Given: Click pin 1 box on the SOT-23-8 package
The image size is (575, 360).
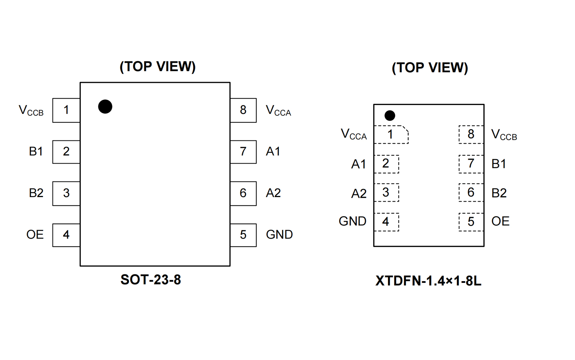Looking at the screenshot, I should pyautogui.click(x=66, y=110).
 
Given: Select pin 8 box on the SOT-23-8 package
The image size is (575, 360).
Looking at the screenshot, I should pyautogui.click(x=243, y=110).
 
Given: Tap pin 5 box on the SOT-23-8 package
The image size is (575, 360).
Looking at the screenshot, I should pyautogui.click(x=243, y=235).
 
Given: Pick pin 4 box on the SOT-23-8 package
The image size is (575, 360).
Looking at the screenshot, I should pyautogui.click(x=66, y=235).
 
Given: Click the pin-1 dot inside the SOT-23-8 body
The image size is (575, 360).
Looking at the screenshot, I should pyautogui.click(x=105, y=107).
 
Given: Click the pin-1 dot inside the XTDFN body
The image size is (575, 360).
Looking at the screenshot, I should pyautogui.click(x=390, y=115).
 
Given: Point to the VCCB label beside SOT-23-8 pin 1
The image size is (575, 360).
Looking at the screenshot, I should pyautogui.click(x=31, y=111).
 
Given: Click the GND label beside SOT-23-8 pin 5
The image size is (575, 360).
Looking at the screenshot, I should pyautogui.click(x=279, y=235).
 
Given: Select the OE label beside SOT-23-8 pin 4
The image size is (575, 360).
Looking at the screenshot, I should pyautogui.click(x=35, y=235).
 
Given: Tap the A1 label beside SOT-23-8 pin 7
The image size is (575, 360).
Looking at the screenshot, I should pyautogui.click(x=273, y=152).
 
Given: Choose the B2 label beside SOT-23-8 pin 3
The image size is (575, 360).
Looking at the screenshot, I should pyautogui.click(x=36, y=193).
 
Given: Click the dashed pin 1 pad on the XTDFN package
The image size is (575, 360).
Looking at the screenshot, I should pyautogui.click(x=391, y=134).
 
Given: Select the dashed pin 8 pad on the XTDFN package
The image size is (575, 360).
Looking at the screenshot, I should pyautogui.click(x=471, y=134).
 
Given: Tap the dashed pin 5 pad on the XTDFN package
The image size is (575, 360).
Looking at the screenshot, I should pyautogui.click(x=471, y=222).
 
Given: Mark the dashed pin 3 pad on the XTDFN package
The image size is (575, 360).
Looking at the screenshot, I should pyautogui.click(x=386, y=193).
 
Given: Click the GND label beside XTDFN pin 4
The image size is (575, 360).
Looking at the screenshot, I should pyautogui.click(x=352, y=221).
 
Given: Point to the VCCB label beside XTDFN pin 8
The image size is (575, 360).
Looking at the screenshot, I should pyautogui.click(x=504, y=135).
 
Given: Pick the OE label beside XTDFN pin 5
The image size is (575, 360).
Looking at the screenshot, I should pyautogui.click(x=500, y=221).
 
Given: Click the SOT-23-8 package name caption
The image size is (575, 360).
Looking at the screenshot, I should pyautogui.click(x=151, y=280).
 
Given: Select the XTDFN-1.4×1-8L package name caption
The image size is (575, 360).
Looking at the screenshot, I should pyautogui.click(x=428, y=281).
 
